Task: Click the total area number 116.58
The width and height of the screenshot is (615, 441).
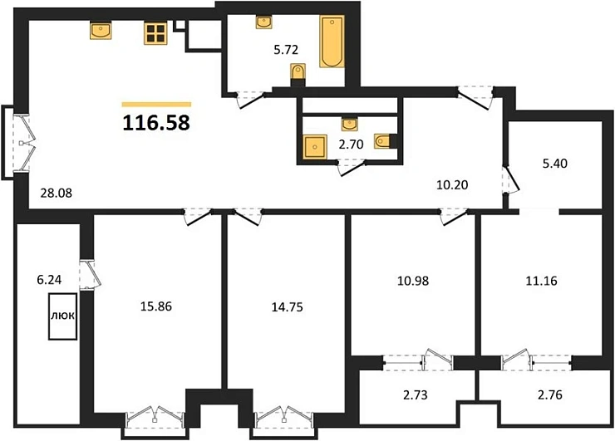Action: [156, 124]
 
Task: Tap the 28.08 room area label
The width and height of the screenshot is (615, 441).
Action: [57, 193]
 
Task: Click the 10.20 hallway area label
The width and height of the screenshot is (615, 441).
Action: [454, 184]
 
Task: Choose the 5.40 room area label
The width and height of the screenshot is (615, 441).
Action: [555, 164]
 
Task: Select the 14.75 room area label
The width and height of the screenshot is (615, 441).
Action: [287, 305]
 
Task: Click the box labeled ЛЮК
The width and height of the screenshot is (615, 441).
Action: [61, 316]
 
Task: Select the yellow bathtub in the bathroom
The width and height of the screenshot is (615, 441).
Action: [332, 41]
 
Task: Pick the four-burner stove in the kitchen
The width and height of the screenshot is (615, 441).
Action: [155, 32]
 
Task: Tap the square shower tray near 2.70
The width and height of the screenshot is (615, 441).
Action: [315, 148]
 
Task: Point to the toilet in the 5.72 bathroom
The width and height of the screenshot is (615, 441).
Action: [297, 74]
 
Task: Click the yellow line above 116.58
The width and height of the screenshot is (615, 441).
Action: [156, 105]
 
